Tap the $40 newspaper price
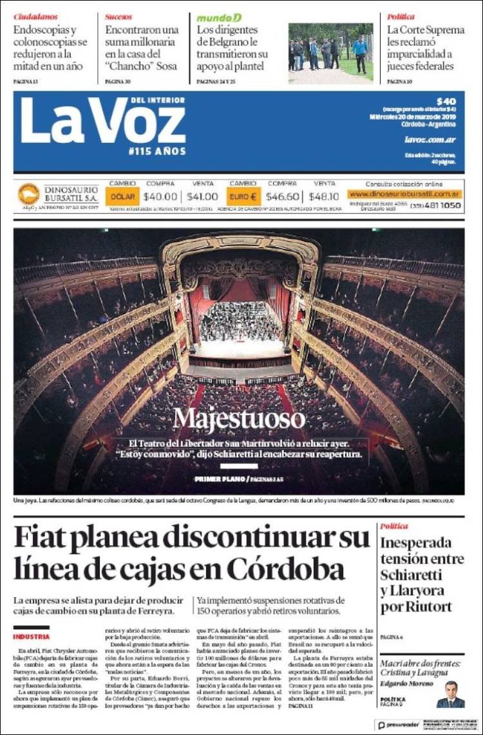pyautogui.click(x=446, y=101)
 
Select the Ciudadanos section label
pyautogui.click(x=35, y=17)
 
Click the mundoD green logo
pyautogui.click(x=219, y=17)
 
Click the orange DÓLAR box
pyautogui.click(x=122, y=196)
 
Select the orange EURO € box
pyautogui.click(x=243, y=196)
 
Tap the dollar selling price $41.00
pyautogui.click(x=203, y=196)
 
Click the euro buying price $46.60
pyautogui.click(x=283, y=196)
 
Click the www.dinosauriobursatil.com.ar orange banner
pyautogui.click(x=404, y=194)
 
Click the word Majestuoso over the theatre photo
pyautogui.click(x=239, y=419)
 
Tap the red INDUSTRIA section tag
pyautogui.click(x=31, y=637)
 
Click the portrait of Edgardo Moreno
pyautogui.click(x=451, y=695)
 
